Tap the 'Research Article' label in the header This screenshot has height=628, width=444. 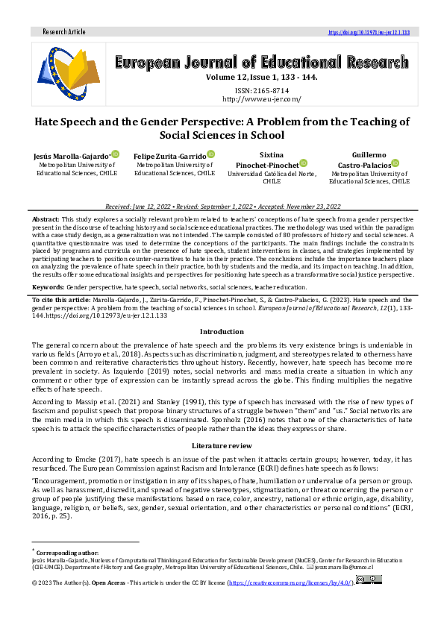tap(65, 33)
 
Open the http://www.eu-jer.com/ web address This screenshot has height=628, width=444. tap(260, 98)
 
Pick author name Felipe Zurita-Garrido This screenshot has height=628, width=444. tap(169, 154)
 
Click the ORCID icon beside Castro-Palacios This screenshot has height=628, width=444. tap(395, 163)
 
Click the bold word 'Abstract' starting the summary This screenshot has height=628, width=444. tap(45, 219)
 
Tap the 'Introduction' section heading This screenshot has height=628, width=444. tap(222, 331)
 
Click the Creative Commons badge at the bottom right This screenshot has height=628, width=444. tap(371, 580)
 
